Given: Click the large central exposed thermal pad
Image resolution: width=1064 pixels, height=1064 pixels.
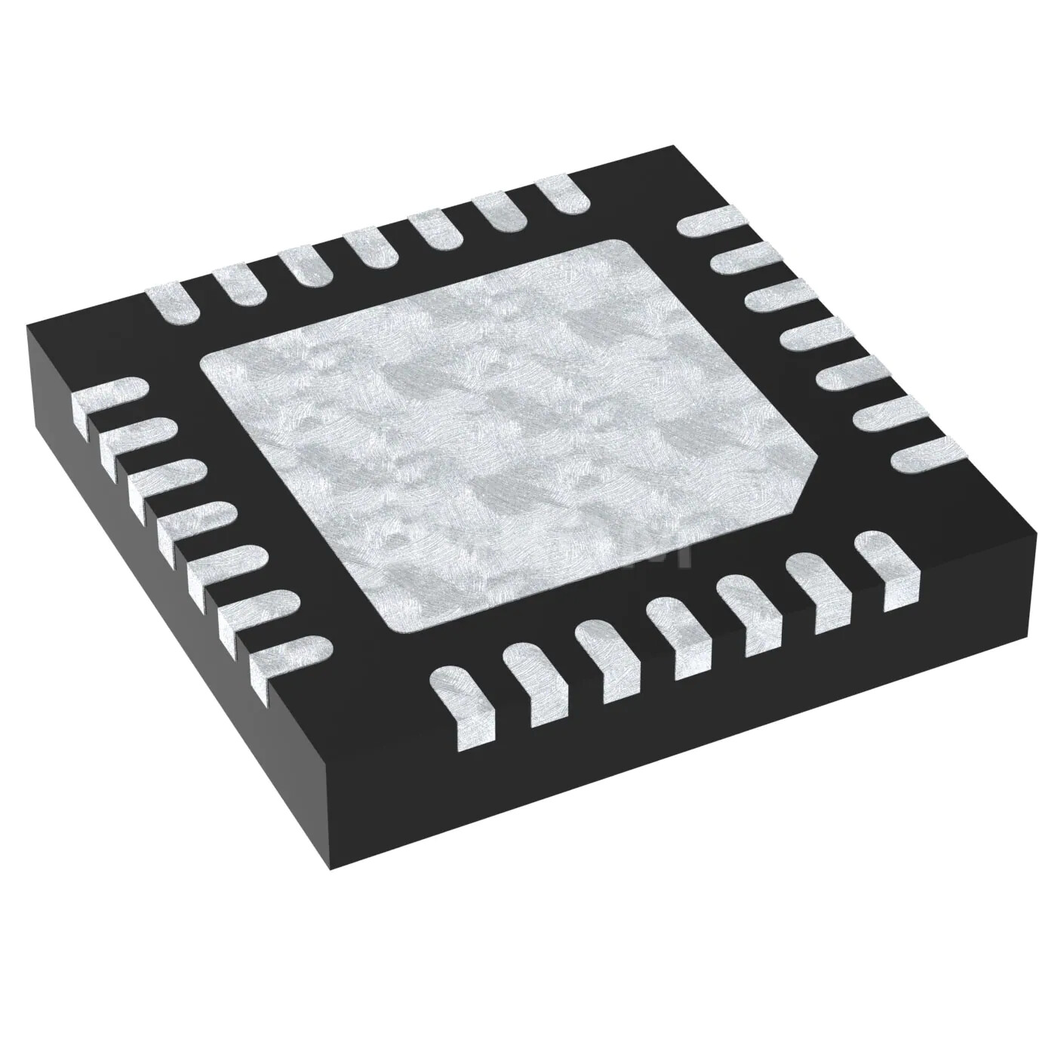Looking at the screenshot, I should point(506,438).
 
